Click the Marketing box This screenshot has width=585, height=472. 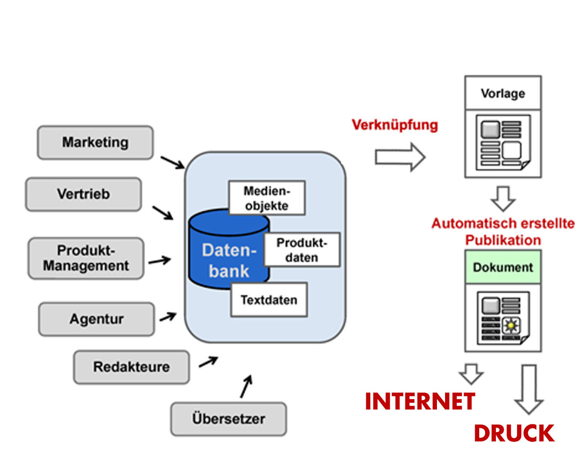tap(95, 142)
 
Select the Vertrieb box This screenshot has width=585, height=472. tap(83, 194)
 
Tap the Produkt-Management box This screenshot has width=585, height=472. tap(86, 258)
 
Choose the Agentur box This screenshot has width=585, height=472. tap(96, 319)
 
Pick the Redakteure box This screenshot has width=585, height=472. tap(131, 367)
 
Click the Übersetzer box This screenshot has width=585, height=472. tap(228, 419)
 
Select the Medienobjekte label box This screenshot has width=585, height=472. tap(267, 198)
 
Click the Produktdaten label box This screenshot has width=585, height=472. tap(301, 250)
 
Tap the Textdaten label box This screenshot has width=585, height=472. tap(269, 300)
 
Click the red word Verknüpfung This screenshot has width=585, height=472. tap(395, 125)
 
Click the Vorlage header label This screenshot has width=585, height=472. tap(503, 94)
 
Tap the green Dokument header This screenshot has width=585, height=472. tap(503, 267)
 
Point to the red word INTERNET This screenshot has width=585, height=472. tap(420, 401)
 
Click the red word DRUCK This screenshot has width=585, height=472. tap(514, 433)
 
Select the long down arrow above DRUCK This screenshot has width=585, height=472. tap(529, 389)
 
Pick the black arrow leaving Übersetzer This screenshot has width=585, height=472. tap(246, 387)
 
